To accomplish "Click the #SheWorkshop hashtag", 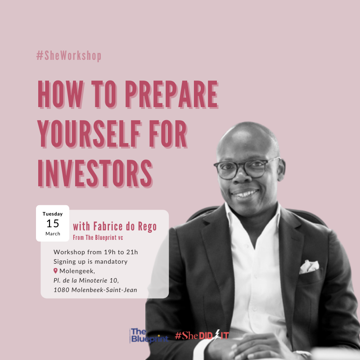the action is coord(69,56).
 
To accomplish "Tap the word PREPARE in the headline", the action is coord(172,94).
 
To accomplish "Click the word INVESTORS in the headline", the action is coord(95,174).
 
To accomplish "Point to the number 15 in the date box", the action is coord(53,223).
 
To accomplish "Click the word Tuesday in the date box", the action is coord(53,214).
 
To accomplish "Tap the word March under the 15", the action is coord(53,234).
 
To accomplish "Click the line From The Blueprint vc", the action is coord(98,238).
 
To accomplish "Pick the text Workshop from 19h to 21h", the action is coord(96,252).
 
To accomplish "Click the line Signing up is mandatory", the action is coord(90,261).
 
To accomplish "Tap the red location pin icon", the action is coord(55,271).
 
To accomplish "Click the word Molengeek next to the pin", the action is coord(77,271).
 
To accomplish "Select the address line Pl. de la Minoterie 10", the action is coord(86,280).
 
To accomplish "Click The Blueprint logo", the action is coord(149,335).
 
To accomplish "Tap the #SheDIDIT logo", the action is coord(202,335).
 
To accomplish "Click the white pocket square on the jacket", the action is coord(309,267).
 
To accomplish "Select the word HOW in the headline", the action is coord(61,94).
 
